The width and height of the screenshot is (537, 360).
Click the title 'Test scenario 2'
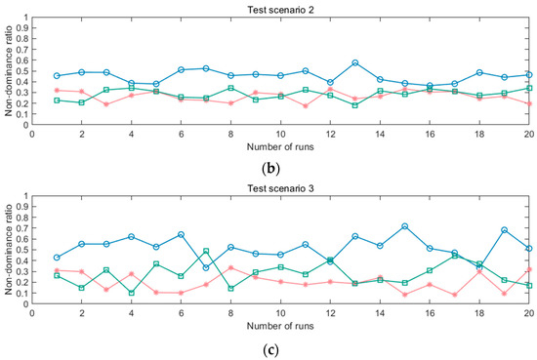[x=279, y=8]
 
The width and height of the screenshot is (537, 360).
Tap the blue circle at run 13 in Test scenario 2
[x=355, y=62]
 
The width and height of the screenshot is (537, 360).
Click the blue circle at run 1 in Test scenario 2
[x=57, y=75]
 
